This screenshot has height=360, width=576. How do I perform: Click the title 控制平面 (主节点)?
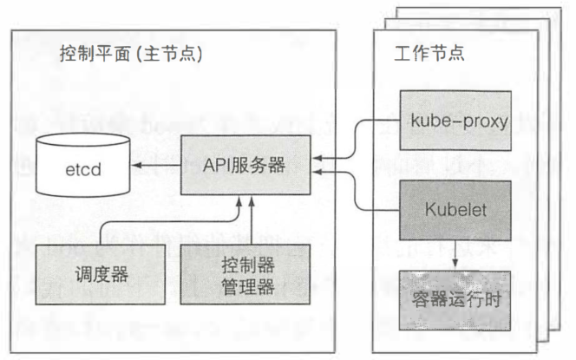click(x=130, y=54)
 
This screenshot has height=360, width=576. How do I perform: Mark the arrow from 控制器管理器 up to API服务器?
click(x=252, y=221)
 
